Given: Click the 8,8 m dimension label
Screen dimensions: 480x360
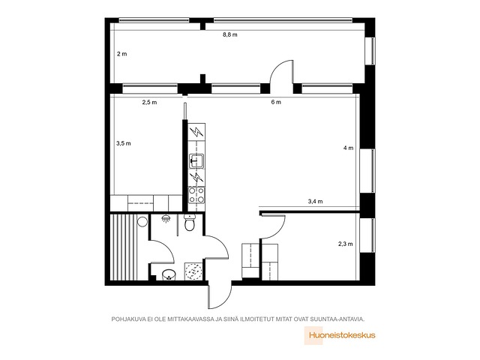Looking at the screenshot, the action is (230, 34).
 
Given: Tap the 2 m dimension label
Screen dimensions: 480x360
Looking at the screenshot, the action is (121, 54).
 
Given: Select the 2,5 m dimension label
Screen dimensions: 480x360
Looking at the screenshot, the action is (149, 102).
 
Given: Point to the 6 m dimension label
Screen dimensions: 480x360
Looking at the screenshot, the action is (276, 102).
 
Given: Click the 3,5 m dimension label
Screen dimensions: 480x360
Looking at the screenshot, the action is (124, 143).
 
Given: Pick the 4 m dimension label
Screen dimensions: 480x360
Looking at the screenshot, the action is (348, 148).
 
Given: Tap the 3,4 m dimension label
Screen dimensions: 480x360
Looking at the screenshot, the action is (315, 202).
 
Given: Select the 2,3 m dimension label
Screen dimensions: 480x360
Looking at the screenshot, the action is (345, 244).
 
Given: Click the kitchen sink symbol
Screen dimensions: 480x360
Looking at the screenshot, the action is (196, 161).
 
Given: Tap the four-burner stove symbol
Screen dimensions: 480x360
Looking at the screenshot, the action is (196, 195).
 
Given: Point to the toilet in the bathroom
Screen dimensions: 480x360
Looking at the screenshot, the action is (190, 223).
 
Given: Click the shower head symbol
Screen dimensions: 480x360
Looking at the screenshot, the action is (166, 219).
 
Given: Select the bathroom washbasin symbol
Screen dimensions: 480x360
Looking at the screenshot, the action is (168, 274).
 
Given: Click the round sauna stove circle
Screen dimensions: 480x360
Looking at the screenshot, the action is (142, 221).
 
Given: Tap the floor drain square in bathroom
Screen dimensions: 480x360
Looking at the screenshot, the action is (193, 271).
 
